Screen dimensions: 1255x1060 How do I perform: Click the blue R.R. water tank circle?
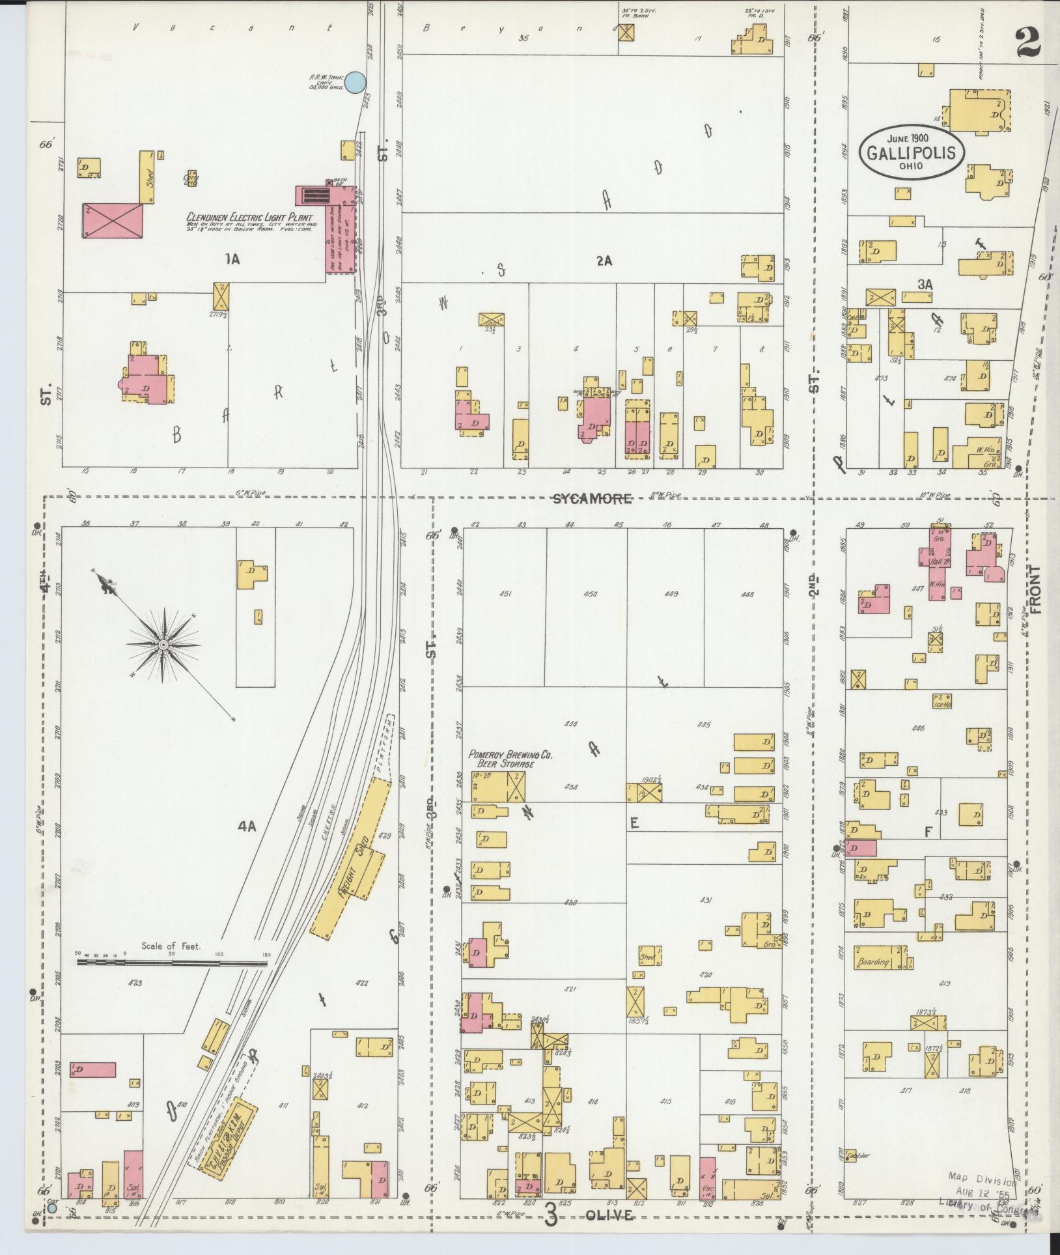[354, 82]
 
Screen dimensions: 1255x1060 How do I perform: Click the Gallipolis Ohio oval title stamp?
[914, 152]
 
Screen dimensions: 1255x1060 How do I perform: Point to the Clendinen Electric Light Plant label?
[249, 218]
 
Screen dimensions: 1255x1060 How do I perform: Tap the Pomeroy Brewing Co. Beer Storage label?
[510, 759]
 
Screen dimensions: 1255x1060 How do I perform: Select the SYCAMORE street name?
[592, 499]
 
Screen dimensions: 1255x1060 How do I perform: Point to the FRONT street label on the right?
[1035, 589]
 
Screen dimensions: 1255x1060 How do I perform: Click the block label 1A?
[232, 260]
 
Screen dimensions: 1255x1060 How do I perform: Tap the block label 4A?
[247, 826]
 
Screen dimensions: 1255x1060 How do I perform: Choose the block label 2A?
[604, 261]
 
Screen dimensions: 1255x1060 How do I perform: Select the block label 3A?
[925, 285]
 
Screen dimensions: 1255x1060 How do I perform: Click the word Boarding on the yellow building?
[872, 962]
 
